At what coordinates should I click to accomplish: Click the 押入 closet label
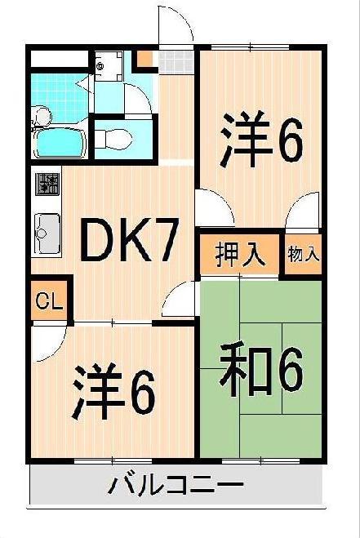[x=241, y=254]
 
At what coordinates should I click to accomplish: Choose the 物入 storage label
[x=304, y=255]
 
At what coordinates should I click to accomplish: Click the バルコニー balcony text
[x=176, y=487]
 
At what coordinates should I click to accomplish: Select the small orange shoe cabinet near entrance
[x=145, y=58]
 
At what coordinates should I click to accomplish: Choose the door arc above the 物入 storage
[x=303, y=213]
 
